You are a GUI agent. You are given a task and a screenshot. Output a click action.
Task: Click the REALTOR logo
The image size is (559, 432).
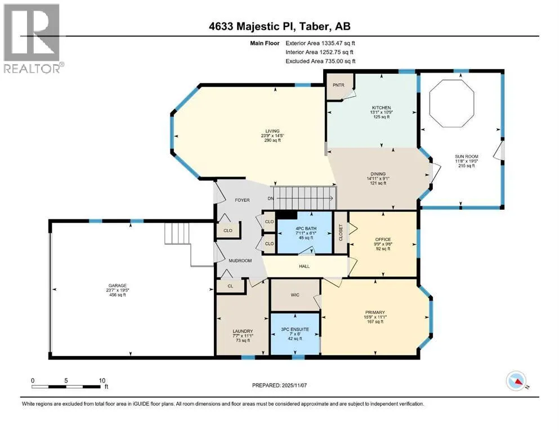(x=33, y=38)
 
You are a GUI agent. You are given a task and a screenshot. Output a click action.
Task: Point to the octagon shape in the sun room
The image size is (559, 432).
(x=451, y=103)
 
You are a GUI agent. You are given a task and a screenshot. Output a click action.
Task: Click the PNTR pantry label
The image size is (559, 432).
(x=338, y=85)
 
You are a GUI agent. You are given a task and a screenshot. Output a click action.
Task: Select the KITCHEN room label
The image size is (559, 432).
(x=382, y=107)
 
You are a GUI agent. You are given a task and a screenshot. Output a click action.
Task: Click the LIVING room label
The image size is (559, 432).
(x=272, y=131)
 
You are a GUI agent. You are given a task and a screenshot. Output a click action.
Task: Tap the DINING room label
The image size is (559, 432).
(x=378, y=174)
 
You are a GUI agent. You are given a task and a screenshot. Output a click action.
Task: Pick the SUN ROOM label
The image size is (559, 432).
(x=466, y=156)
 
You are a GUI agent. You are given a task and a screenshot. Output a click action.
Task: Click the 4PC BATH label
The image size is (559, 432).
(x=306, y=228)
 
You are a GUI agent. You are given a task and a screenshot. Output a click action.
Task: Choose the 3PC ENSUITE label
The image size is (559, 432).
(x=295, y=330)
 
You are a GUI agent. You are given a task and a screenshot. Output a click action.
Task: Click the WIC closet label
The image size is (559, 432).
(x=295, y=295)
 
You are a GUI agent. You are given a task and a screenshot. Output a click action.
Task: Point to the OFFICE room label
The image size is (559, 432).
(x=383, y=239)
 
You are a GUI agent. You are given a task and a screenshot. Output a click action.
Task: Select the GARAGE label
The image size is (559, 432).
(x=118, y=285)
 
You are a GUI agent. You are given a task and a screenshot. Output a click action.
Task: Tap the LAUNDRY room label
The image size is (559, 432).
(x=243, y=331)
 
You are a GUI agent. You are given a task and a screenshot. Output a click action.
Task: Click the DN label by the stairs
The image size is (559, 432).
(x=271, y=199)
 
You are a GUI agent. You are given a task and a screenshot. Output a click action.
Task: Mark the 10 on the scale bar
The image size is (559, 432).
(x=102, y=380)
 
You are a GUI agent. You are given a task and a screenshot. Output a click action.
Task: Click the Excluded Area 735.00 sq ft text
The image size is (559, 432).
(x=320, y=61)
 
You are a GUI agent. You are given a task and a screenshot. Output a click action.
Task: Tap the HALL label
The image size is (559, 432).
(x=304, y=266)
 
